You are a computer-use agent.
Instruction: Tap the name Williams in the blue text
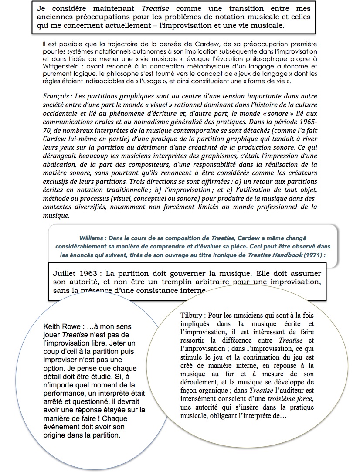click(x=92, y=238)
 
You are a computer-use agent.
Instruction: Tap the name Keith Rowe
click(x=64, y=326)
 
